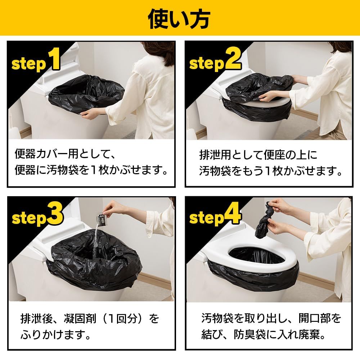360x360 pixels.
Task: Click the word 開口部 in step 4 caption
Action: pos(311,319)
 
